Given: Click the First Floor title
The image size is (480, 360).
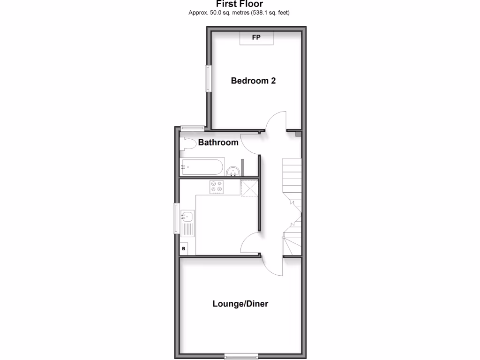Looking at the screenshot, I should [239, 4].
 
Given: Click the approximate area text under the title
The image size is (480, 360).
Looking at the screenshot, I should [239, 13].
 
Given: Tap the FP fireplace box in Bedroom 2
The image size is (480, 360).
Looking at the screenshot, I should [256, 38].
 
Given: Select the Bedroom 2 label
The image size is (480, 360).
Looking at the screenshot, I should [253, 81].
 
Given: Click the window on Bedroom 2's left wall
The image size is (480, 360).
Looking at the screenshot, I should [207, 78].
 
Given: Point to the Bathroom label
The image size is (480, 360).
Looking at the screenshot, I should [218, 142].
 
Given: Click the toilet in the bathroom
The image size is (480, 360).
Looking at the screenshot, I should [188, 144].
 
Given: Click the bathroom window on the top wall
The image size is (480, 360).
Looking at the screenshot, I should [192, 127].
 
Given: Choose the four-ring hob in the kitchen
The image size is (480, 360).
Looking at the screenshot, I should [216, 187].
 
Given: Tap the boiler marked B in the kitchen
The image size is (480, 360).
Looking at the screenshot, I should [184, 248].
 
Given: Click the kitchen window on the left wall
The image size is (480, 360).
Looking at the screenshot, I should [177, 218].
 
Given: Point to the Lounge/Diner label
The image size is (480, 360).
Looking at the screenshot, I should [240, 304].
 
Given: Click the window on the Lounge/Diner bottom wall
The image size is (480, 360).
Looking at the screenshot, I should [241, 355].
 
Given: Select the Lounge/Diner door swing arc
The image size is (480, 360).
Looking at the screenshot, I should [272, 266].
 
